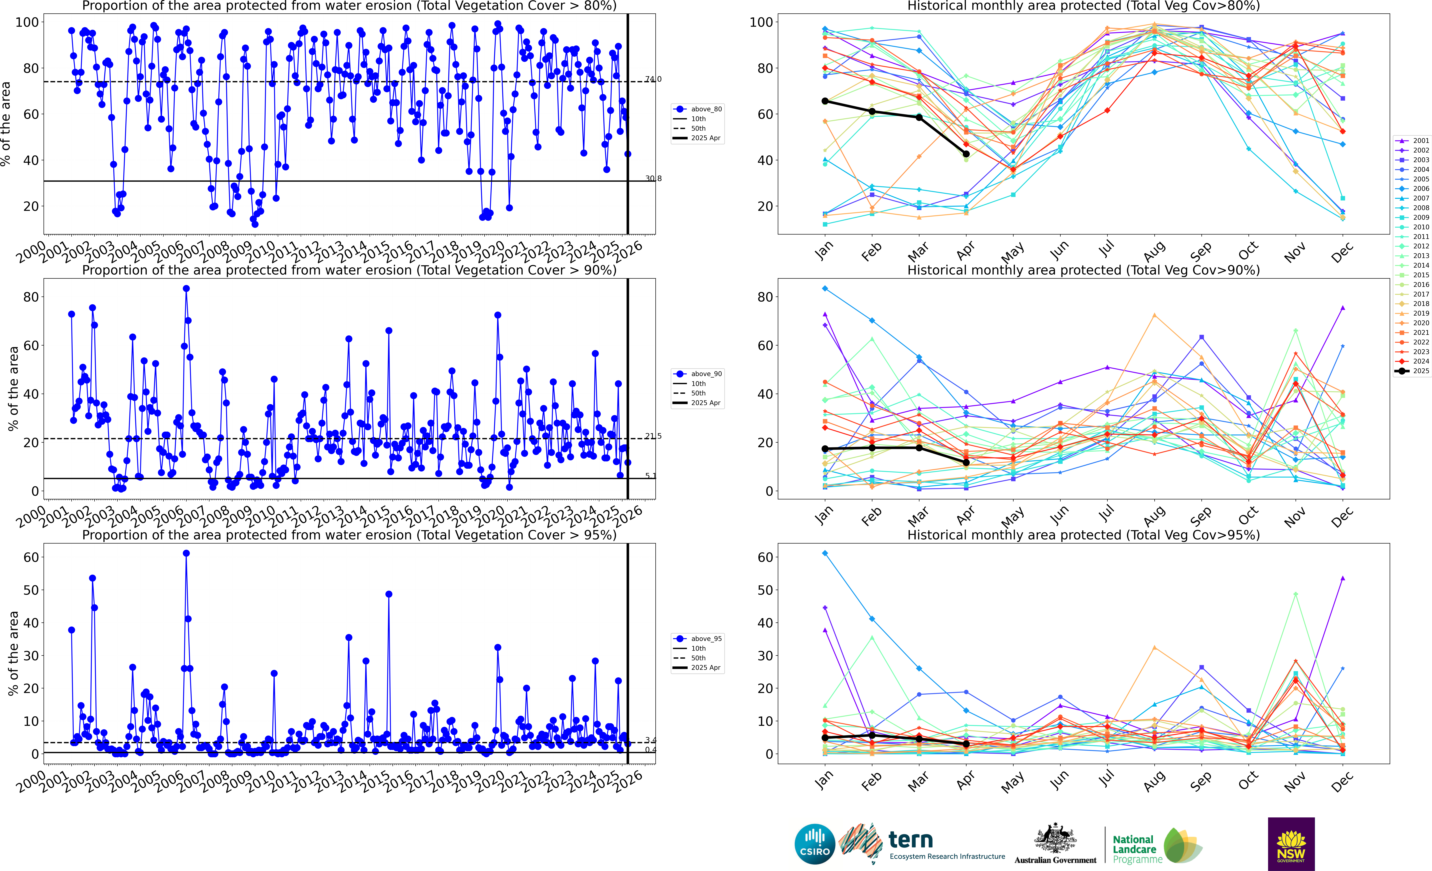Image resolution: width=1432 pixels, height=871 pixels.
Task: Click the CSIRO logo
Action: tap(815, 844)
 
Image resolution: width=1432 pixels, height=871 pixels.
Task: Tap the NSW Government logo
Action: tap(1291, 844)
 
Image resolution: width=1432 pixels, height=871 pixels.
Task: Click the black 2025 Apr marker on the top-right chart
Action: tap(966, 154)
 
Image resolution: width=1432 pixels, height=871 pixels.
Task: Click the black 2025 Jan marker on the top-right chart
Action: tap(825, 101)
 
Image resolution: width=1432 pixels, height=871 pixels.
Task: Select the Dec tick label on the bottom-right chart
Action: tap(1342, 782)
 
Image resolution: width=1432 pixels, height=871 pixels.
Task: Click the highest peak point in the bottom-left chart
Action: tap(186, 553)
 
